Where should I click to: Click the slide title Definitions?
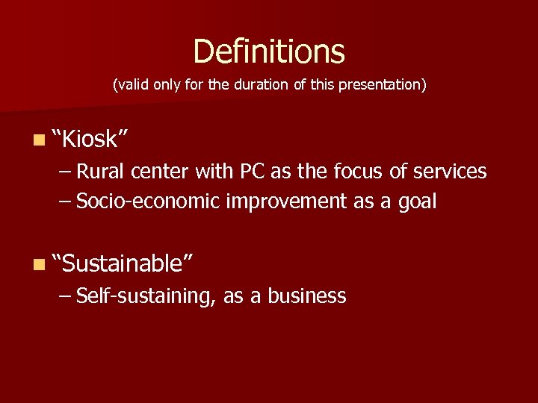point(269,51)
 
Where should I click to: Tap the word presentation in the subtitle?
point(382,85)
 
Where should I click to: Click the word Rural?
point(101,172)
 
